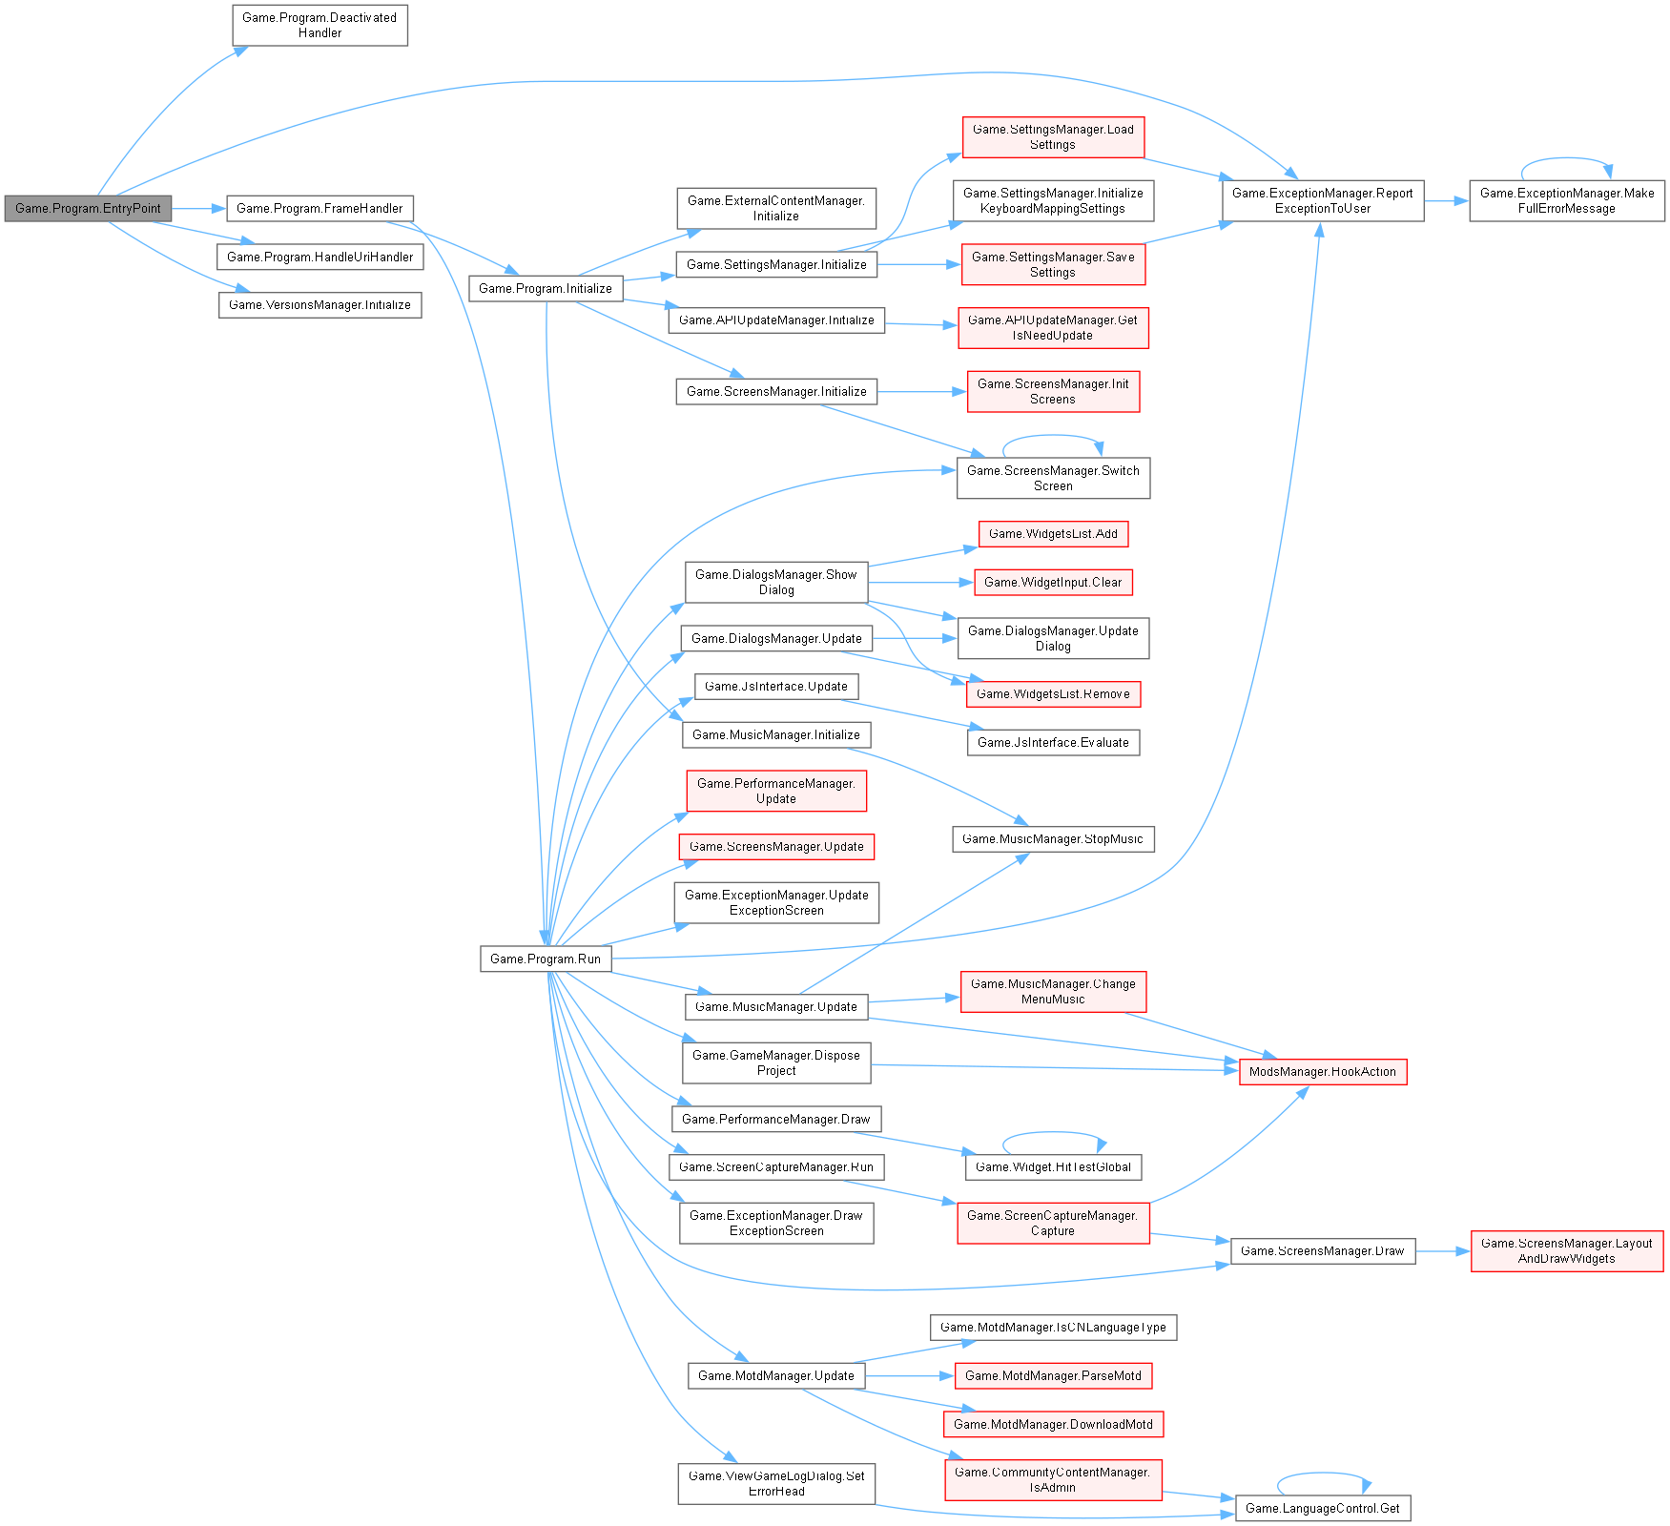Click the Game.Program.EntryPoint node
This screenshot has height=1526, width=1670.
pyautogui.click(x=88, y=208)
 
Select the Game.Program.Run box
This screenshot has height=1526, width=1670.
pyautogui.click(x=546, y=959)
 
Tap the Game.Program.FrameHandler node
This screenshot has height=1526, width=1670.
pyautogui.click(x=320, y=208)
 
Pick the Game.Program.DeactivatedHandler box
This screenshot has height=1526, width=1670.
pyautogui.click(x=320, y=25)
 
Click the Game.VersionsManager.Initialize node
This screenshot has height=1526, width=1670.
pyautogui.click(x=320, y=305)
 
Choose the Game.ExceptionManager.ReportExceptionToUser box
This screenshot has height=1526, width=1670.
pyautogui.click(x=1323, y=200)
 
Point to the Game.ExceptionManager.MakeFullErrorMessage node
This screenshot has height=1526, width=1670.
pyautogui.click(x=1567, y=200)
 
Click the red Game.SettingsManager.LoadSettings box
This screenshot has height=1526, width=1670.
pyautogui.click(x=1053, y=136)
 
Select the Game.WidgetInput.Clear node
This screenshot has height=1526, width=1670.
pyautogui.click(x=1053, y=583)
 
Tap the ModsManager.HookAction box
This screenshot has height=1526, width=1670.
pyautogui.click(x=1323, y=1072)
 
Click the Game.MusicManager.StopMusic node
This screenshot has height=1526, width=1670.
pyautogui.click(x=1053, y=839)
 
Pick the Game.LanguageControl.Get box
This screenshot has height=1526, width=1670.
pyautogui.click(x=1323, y=1508)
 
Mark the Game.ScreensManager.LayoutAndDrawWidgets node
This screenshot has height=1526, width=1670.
pyautogui.click(x=1567, y=1250)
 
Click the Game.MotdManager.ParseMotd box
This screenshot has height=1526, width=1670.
pyautogui.click(x=1053, y=1375)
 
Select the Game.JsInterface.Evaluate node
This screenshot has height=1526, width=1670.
pyautogui.click(x=1053, y=742)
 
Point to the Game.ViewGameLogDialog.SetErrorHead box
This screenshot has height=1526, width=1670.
pyautogui.click(x=776, y=1483)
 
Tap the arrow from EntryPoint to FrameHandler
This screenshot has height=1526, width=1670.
pyautogui.click(x=198, y=208)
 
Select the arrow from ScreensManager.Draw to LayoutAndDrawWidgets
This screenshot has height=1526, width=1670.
pyautogui.click(x=1443, y=1250)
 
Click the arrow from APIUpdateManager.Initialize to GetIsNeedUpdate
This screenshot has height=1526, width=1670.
pyautogui.click(x=921, y=324)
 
